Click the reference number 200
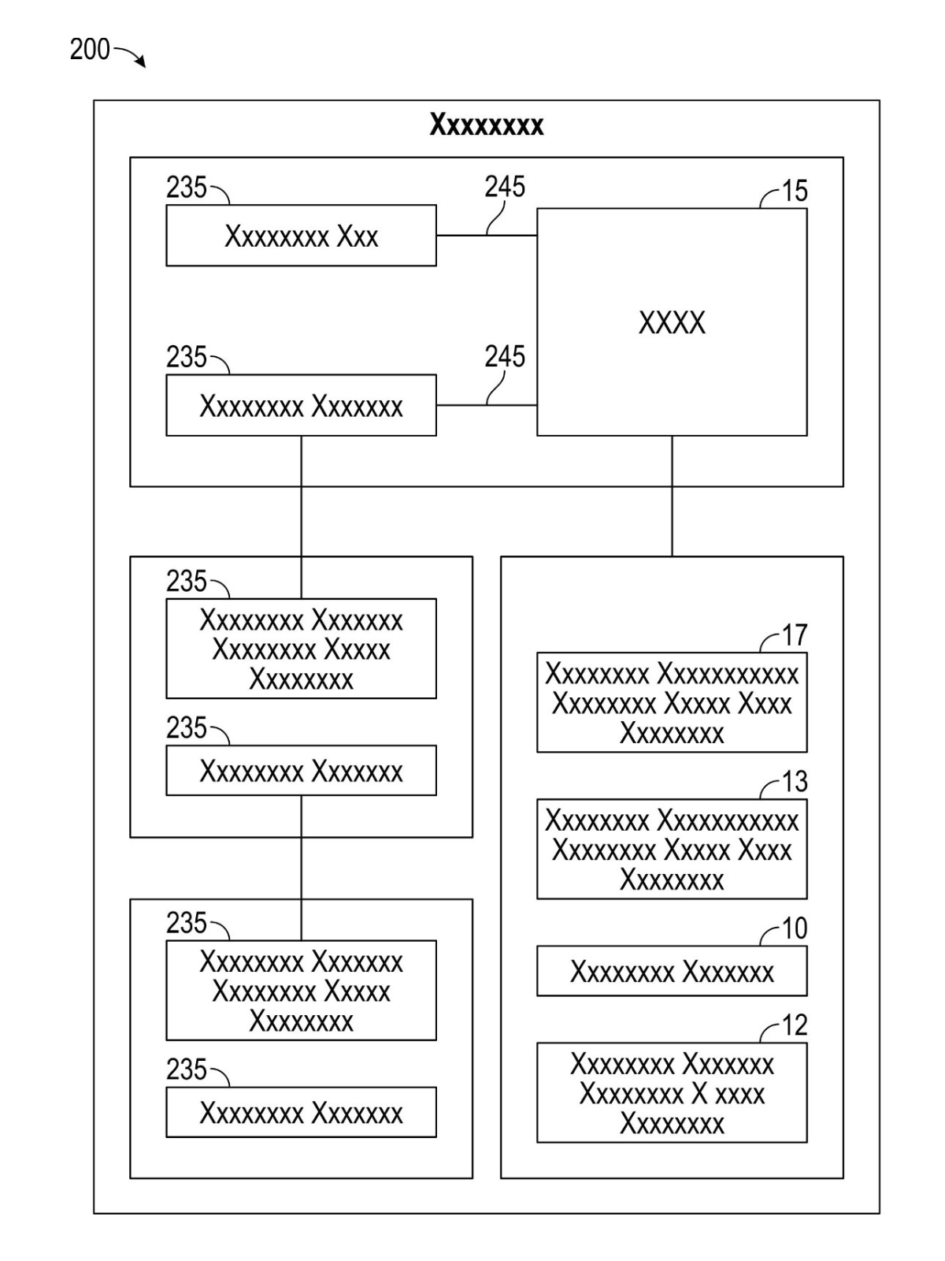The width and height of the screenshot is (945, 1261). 89,50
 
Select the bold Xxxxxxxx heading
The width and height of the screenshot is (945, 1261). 486,125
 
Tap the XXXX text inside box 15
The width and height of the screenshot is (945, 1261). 672,322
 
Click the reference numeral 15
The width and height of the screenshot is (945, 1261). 795,191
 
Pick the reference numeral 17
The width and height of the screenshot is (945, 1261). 795,635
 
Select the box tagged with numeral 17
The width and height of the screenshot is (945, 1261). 672,702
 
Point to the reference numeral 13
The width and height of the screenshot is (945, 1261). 795,782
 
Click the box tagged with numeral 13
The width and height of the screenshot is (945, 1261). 672,849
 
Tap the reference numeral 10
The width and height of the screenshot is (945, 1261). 795,928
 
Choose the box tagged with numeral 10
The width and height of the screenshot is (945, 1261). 672,971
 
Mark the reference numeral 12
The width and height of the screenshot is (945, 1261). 795,1025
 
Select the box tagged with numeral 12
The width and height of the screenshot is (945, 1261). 672,1093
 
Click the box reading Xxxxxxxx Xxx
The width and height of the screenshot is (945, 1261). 301,236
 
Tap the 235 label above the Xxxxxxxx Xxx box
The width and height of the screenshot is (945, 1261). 186,188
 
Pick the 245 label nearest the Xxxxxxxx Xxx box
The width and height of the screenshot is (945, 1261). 505,187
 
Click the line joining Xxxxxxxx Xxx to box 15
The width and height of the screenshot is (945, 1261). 472,235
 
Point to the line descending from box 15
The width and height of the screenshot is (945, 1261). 672,497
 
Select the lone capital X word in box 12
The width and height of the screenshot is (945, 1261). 699,1094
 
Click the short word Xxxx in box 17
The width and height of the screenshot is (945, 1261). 765,703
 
